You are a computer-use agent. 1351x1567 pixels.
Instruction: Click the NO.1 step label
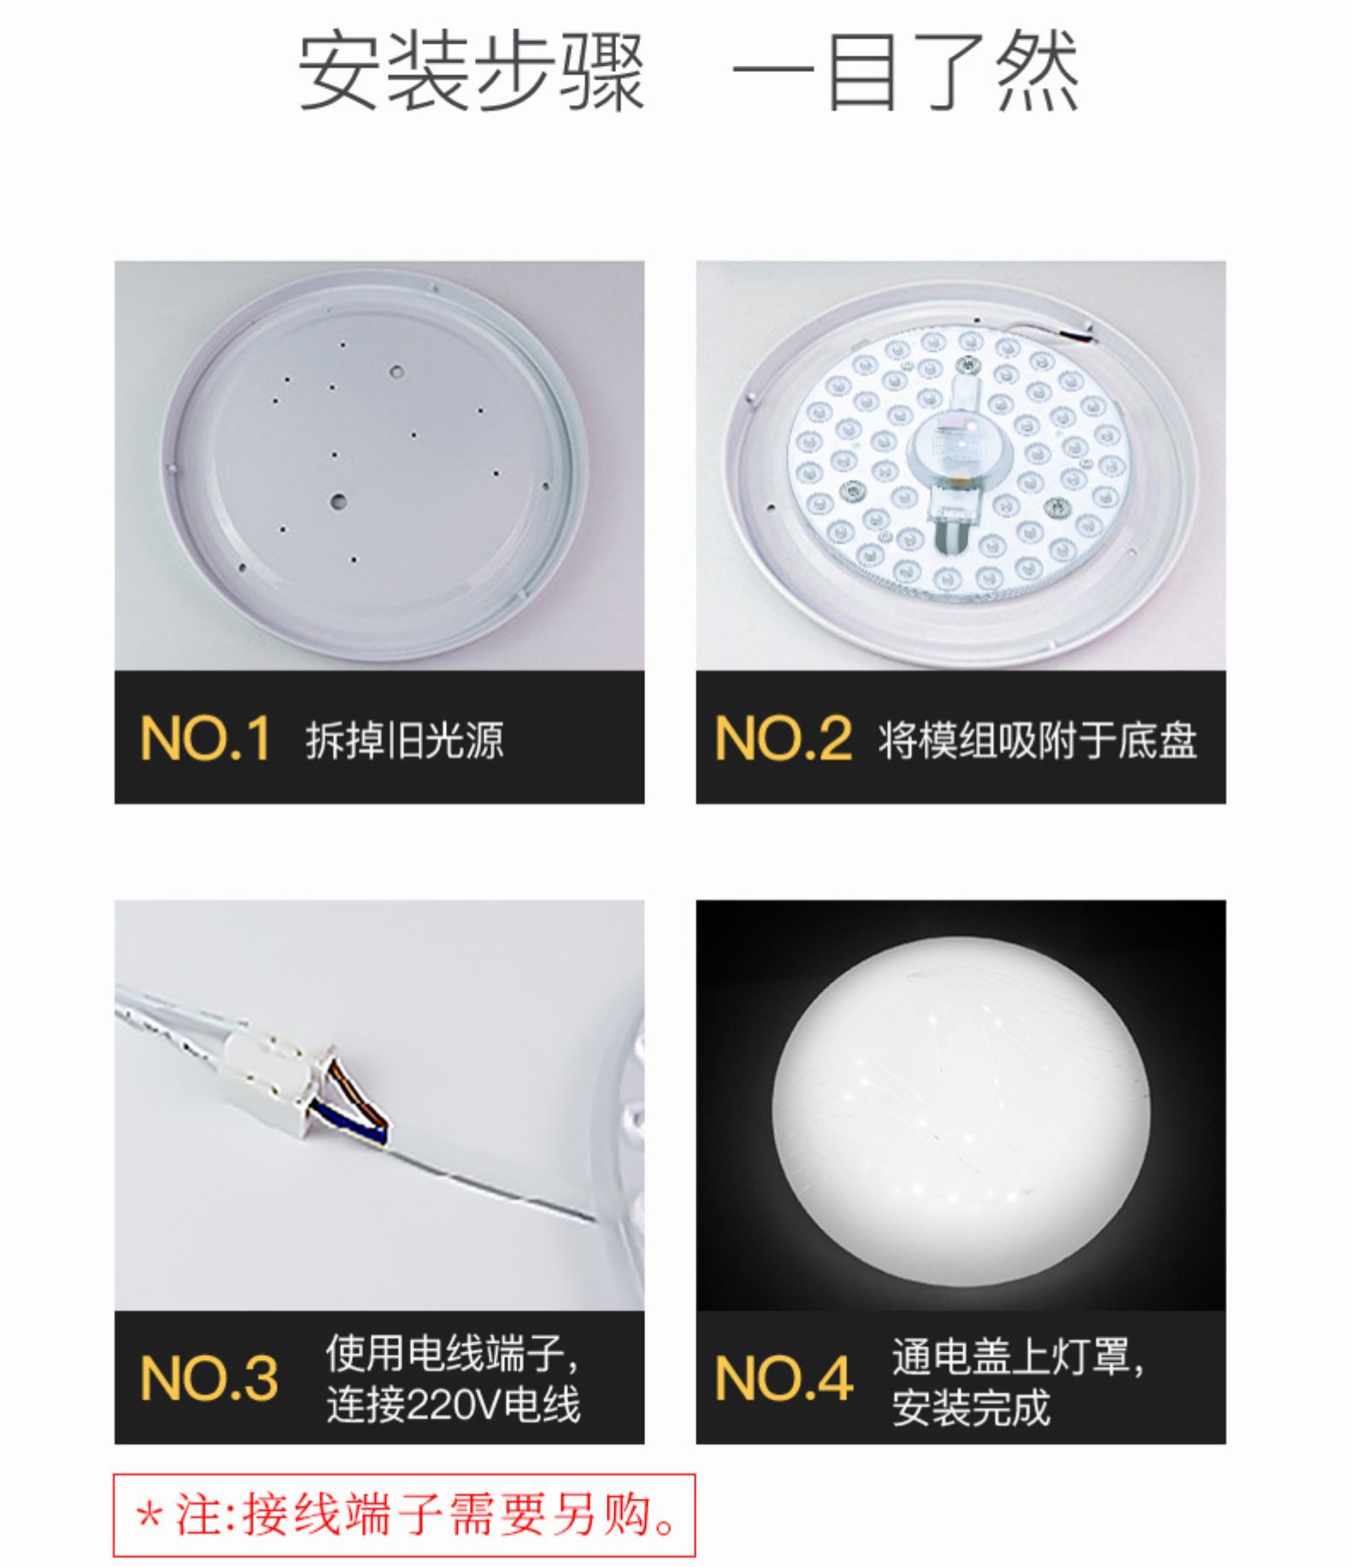pyautogui.click(x=205, y=739)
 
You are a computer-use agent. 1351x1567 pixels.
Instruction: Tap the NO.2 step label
pyautogui.click(x=783, y=739)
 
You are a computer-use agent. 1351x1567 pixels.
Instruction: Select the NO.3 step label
pyautogui.click(x=209, y=1378)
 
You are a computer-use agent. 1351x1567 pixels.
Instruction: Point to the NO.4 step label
pyautogui.click(x=783, y=1378)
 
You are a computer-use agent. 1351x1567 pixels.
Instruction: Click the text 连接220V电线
pyautogui.click(x=453, y=1404)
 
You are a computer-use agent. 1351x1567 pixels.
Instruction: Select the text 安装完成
pyautogui.click(x=971, y=1407)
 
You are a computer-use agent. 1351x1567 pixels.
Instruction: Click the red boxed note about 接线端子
pyautogui.click(x=405, y=1515)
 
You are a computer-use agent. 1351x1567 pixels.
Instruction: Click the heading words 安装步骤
pyautogui.click(x=470, y=72)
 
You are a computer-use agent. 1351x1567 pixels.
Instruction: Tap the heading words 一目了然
pyautogui.click(x=906, y=72)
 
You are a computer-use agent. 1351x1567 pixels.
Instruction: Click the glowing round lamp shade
pyautogui.click(x=960, y=1108)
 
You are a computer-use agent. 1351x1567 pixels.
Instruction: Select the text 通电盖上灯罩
pyautogui.click(x=1017, y=1356)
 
